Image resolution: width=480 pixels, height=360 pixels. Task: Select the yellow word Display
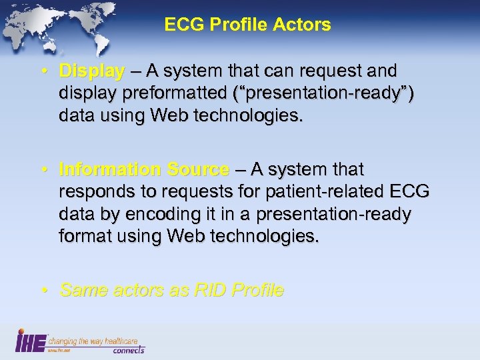tap(91, 71)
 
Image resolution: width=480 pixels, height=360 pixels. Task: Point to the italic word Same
tap(81, 290)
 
